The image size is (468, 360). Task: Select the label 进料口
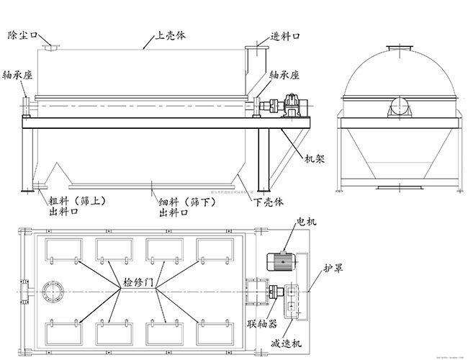285,36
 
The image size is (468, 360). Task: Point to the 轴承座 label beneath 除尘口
17,74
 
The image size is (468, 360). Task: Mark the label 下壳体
269,203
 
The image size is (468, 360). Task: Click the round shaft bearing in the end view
400,109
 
